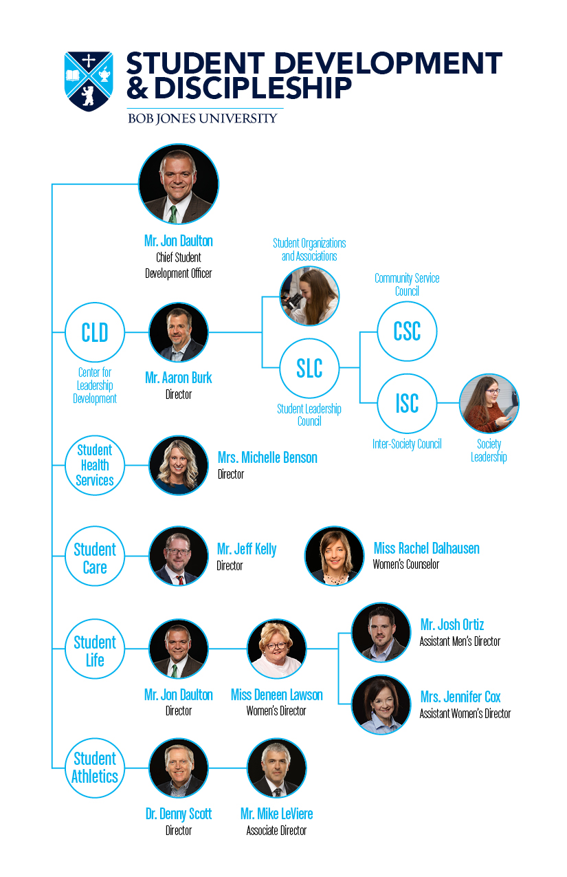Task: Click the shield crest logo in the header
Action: coord(89,81)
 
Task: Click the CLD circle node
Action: coord(95,332)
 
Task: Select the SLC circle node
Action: coord(309,368)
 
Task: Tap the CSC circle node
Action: coord(407,332)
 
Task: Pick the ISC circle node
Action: coord(407,403)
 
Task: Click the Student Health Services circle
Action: coord(95,465)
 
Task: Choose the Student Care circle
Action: coord(95,556)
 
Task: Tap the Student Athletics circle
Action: coord(95,768)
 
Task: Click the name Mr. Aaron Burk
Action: coord(179,378)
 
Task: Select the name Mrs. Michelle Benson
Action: coord(267,457)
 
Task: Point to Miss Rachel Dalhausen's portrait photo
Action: coord(335,556)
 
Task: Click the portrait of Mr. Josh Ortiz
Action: coord(381,632)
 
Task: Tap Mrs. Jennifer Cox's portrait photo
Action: coord(381,704)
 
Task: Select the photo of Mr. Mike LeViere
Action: coord(277,768)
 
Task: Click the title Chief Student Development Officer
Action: coord(179,266)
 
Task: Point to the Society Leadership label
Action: coord(489,451)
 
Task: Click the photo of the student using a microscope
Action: coord(309,296)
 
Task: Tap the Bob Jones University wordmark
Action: coord(203,118)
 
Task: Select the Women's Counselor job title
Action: coord(405,564)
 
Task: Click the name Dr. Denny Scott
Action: coord(179,814)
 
